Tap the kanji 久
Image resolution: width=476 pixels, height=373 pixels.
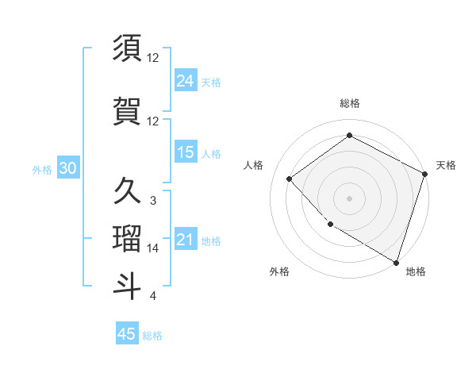pos(129,191)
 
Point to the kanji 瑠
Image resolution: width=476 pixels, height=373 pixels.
pos(129,238)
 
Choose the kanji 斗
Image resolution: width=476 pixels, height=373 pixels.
pos(129,286)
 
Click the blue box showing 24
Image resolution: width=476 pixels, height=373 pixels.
pos(186,80)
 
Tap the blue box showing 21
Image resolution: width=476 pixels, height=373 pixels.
pos(186,239)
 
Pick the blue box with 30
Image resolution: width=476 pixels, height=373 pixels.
pos(67,168)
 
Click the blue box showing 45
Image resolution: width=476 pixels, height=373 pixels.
pos(127,334)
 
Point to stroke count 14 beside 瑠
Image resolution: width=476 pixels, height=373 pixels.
pos(153,248)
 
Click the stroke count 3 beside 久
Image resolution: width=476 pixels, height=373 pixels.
pos(153,201)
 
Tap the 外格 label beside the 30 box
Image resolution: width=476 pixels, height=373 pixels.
pos(42,169)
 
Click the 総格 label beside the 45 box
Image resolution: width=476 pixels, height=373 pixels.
pos(153,335)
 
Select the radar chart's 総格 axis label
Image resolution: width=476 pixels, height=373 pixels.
pos(349,103)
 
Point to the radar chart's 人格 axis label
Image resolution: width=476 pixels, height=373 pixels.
pos(254,165)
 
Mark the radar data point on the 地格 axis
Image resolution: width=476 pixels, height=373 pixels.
pos(397,262)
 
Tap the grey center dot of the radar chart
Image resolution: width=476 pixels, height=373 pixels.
pos(349,198)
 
